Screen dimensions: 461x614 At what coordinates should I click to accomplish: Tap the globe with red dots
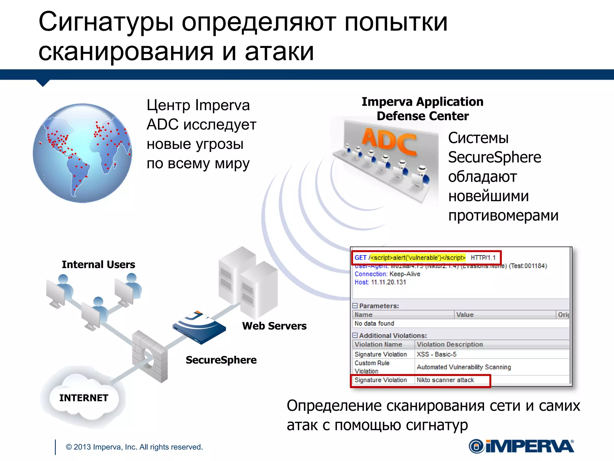(82, 153)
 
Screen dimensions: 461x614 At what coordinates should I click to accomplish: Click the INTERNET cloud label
(84, 398)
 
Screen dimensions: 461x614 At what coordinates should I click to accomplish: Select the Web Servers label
(274, 326)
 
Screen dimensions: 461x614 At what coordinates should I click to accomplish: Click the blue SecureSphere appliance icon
(199, 327)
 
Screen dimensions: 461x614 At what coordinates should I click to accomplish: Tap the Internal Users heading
(98, 264)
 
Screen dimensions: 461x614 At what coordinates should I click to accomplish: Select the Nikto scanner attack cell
(445, 380)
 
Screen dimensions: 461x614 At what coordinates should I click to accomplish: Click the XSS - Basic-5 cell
(437, 354)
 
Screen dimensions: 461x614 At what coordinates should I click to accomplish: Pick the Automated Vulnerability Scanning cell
(464, 367)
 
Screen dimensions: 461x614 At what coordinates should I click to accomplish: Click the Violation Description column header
(450, 344)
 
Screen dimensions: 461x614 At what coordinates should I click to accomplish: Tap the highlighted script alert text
(418, 258)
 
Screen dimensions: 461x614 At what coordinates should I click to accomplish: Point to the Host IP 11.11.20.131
(388, 282)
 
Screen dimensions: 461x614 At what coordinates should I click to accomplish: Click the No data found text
(374, 323)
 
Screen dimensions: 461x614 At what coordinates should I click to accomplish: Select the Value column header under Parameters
(465, 315)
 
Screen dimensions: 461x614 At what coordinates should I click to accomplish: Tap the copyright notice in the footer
(134, 447)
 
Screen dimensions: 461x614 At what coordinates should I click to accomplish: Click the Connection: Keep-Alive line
(387, 274)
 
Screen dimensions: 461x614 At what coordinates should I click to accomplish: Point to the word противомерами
(503, 215)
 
